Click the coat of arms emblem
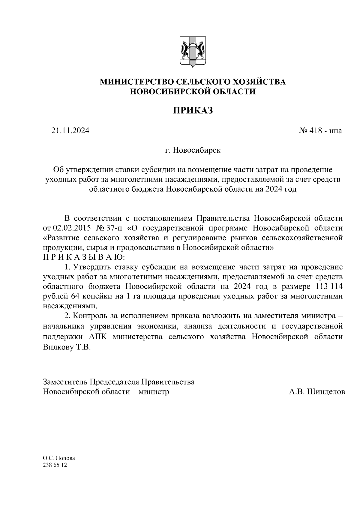click(x=193, y=51)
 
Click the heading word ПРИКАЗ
click(x=193, y=111)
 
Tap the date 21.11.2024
click(x=70, y=131)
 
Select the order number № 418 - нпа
click(x=320, y=131)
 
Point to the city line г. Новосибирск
click(x=193, y=150)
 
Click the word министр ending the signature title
click(x=154, y=392)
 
